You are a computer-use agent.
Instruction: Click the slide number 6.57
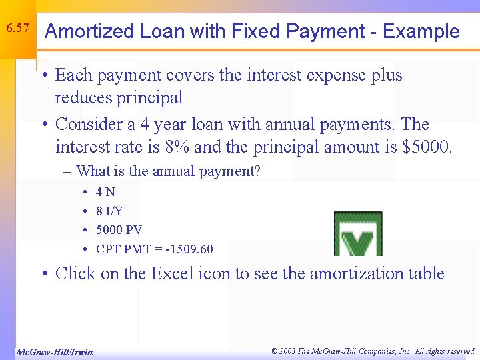17,28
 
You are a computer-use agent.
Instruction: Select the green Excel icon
358,235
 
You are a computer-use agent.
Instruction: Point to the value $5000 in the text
427,146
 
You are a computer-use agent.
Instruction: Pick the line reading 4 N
105,192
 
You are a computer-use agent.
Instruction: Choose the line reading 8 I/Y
109,211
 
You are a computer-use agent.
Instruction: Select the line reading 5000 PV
119,230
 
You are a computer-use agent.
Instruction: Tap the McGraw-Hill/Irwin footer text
54,351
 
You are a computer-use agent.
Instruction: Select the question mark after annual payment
257,171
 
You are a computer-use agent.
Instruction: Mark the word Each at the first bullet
73,75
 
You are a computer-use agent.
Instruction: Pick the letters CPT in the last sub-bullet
108,249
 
